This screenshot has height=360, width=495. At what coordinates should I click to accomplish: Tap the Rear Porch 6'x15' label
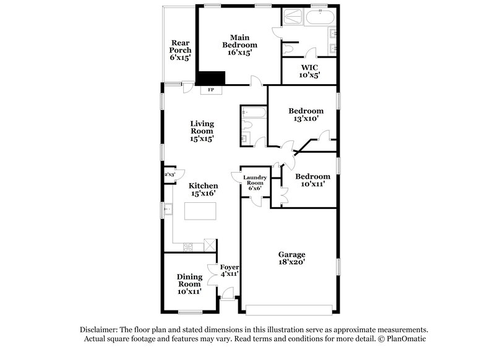(x=180, y=50)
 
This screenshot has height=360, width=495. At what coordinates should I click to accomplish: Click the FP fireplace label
(x=210, y=90)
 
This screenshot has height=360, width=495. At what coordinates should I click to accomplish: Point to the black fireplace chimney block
(x=210, y=79)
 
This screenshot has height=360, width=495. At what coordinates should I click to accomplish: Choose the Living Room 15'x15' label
(x=202, y=131)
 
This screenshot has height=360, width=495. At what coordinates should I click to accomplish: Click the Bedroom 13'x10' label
(x=306, y=115)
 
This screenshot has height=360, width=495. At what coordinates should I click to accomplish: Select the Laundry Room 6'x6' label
(x=255, y=182)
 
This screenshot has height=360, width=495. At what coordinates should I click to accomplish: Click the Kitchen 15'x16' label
(x=203, y=190)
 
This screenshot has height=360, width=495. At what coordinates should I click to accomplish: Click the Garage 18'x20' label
(x=291, y=259)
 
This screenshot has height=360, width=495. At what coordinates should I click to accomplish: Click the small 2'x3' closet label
(x=169, y=175)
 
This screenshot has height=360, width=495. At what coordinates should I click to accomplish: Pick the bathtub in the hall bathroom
(x=254, y=112)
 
